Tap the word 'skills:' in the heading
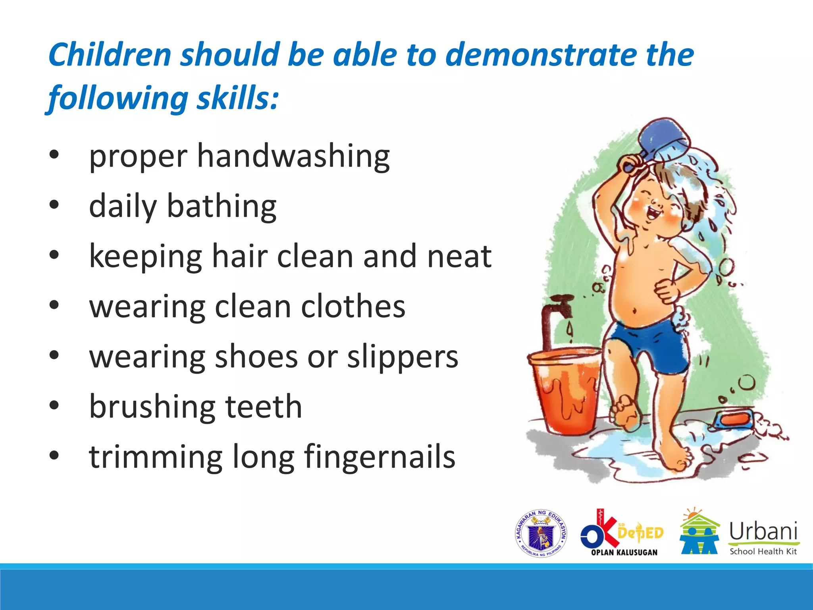[238, 98]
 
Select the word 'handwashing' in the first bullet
[293, 157]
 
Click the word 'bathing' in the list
[222, 207]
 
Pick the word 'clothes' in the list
[353, 307]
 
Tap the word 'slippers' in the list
[403, 357]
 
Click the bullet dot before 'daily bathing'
[54, 205]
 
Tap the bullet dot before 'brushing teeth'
[54, 405]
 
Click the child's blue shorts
[647, 346]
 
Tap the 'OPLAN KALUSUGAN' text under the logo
[624, 552]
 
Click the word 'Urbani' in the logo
[763, 531]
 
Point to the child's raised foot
[625, 413]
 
